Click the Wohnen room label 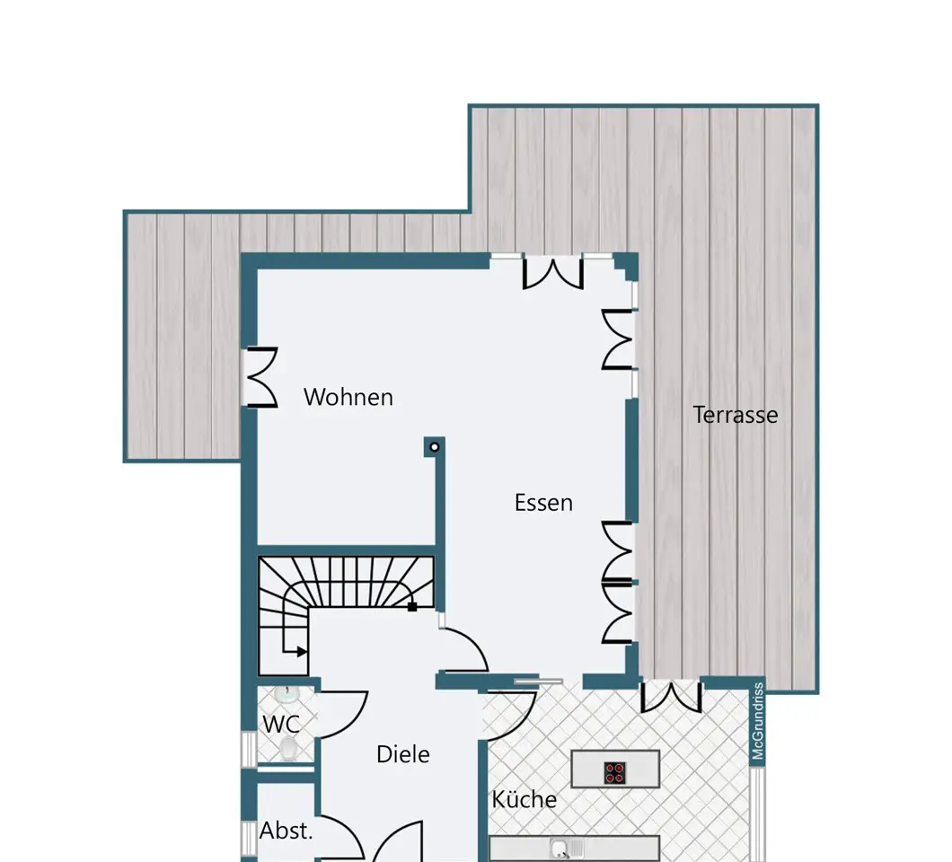(x=348, y=397)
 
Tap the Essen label (x=543, y=503)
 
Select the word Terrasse (x=736, y=415)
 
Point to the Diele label (x=403, y=754)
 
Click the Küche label (x=524, y=799)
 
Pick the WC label (x=281, y=725)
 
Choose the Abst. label (x=286, y=831)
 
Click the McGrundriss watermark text (x=758, y=720)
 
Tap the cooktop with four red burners (x=615, y=772)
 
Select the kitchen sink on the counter (x=560, y=848)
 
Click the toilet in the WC (x=289, y=749)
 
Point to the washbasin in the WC (x=285, y=694)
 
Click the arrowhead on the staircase (x=302, y=652)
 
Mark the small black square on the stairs (x=412, y=606)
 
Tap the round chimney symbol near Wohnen (x=434, y=447)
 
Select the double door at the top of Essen (x=553, y=273)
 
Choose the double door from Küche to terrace (x=672, y=696)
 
